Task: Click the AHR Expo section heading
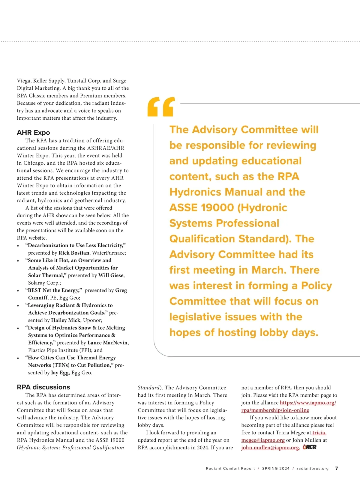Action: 33,133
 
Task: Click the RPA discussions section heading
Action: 43,387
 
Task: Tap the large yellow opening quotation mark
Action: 161,107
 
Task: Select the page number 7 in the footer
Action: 337,468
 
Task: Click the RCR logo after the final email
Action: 310,447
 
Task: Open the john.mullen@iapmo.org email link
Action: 270,448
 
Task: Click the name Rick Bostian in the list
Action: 74,253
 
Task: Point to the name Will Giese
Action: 111,275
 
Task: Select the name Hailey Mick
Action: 66,320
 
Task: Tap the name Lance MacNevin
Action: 108,343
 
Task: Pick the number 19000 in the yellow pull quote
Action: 218,208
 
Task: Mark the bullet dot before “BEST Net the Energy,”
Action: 18,291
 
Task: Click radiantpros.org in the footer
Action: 313,469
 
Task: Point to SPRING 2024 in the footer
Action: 276,469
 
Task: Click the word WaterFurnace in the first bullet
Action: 108,253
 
